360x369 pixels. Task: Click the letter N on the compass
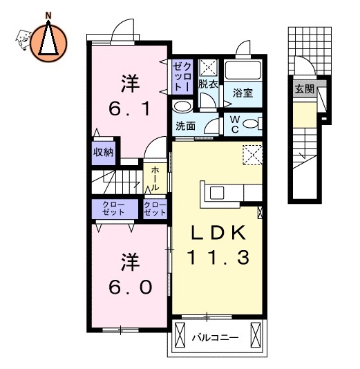(x=48, y=15)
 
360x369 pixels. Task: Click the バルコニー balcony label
(x=216, y=339)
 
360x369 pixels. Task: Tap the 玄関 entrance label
(x=304, y=89)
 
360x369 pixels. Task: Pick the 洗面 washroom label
(x=184, y=126)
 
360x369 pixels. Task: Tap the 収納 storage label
(x=104, y=153)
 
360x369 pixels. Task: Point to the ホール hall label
(x=155, y=178)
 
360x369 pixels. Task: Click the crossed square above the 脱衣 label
(x=208, y=68)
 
